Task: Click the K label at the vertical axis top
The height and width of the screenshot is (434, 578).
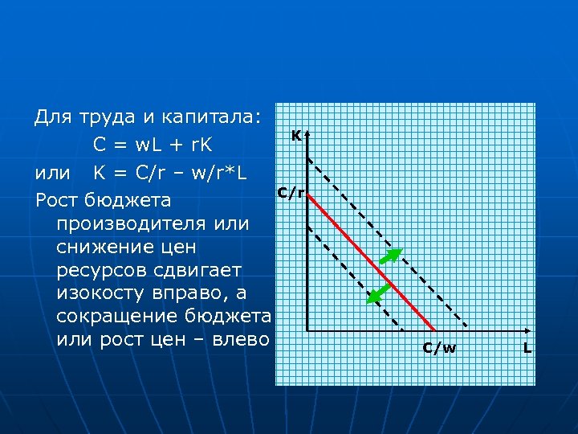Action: click(x=296, y=137)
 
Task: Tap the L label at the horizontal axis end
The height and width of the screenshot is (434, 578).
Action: click(x=527, y=348)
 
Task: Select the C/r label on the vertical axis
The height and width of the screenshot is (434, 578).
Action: click(x=291, y=193)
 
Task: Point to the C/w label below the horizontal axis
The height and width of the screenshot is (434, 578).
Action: click(x=439, y=348)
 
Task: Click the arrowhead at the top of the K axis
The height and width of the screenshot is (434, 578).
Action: click(x=307, y=134)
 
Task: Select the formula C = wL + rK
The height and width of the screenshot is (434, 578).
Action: click(x=152, y=145)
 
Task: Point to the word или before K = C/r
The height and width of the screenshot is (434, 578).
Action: click(x=51, y=173)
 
